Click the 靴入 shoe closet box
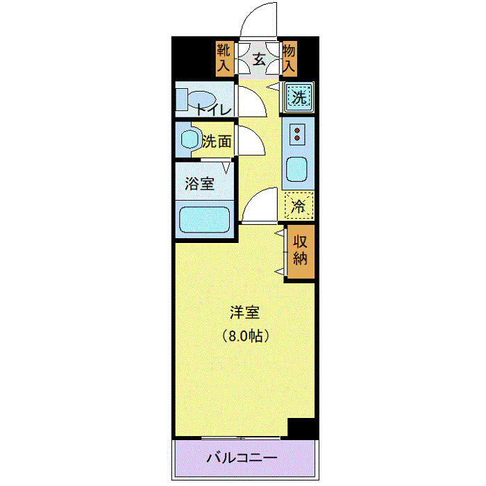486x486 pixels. [223, 58]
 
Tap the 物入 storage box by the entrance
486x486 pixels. [290, 58]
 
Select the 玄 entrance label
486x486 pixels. [258, 59]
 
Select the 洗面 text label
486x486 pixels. [216, 141]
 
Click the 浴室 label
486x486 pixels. [199, 184]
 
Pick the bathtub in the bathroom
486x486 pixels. [205, 220]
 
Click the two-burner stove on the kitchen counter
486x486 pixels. [297, 134]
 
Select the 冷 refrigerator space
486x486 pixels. [299, 206]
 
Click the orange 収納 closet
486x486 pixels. [300, 251]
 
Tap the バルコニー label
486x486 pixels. [242, 459]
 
